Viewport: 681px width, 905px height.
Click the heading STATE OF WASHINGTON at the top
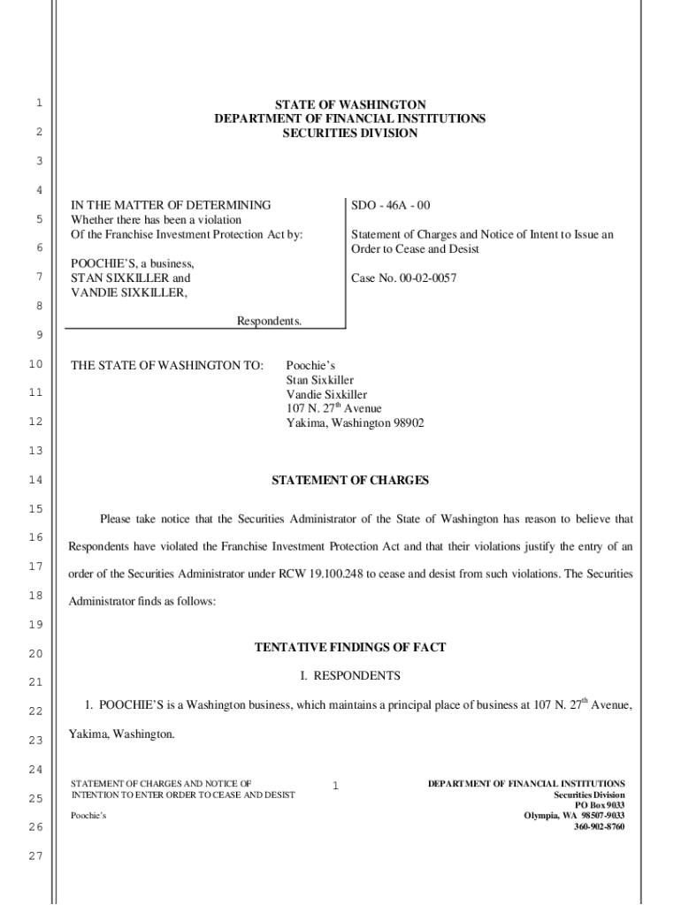coord(349,105)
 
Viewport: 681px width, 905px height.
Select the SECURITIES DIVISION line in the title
coord(349,133)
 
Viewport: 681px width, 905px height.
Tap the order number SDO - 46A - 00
coord(390,205)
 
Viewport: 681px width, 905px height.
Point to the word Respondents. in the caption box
coord(269,321)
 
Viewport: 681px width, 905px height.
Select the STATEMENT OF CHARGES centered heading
coord(349,481)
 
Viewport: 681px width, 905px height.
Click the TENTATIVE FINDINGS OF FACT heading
coord(349,648)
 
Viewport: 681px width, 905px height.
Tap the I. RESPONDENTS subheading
coord(349,676)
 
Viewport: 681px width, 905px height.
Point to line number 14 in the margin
coord(35,481)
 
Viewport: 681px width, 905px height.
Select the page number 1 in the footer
coord(336,785)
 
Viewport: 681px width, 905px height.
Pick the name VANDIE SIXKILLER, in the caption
coord(129,293)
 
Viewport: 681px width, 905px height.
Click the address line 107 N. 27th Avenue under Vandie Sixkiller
coord(333,408)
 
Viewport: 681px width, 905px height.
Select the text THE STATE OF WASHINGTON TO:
coord(167,365)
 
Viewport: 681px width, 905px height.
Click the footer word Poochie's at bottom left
coord(88,815)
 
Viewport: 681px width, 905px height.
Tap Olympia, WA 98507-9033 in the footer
coord(574,816)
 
